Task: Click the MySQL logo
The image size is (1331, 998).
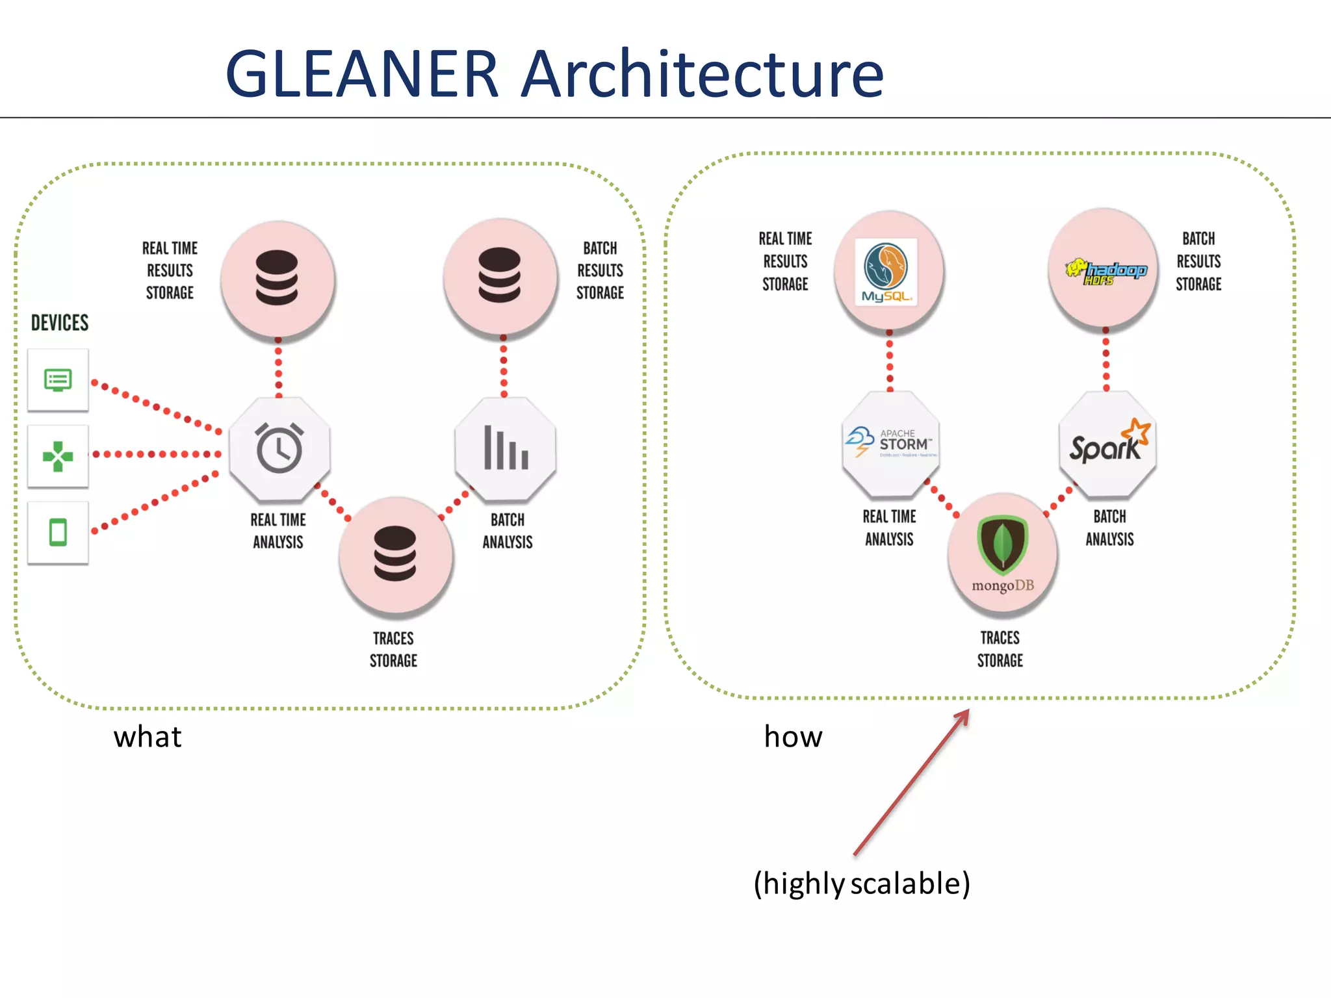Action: pos(886,271)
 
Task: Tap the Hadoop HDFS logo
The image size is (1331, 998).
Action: pos(1105,272)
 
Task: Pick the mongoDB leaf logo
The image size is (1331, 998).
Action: pos(1002,544)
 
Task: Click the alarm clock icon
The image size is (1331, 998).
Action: pos(279,448)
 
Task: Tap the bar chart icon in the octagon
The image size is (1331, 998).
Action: pos(506,448)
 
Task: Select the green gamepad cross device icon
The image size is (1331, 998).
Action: pos(58,456)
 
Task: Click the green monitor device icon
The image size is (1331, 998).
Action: pos(58,379)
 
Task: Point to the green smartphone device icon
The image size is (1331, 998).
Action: pos(58,532)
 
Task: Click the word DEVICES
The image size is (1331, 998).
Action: pos(60,323)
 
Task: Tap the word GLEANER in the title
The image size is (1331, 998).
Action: pos(361,74)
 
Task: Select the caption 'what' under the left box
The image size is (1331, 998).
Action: pos(148,737)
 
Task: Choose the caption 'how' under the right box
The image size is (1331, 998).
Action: pos(793,737)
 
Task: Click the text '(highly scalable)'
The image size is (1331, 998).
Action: pos(862,884)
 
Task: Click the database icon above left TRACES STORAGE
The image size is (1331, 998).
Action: pos(395,554)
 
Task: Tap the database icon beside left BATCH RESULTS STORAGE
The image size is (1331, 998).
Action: pos(499,275)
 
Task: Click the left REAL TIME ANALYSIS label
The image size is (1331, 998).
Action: pos(278,531)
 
